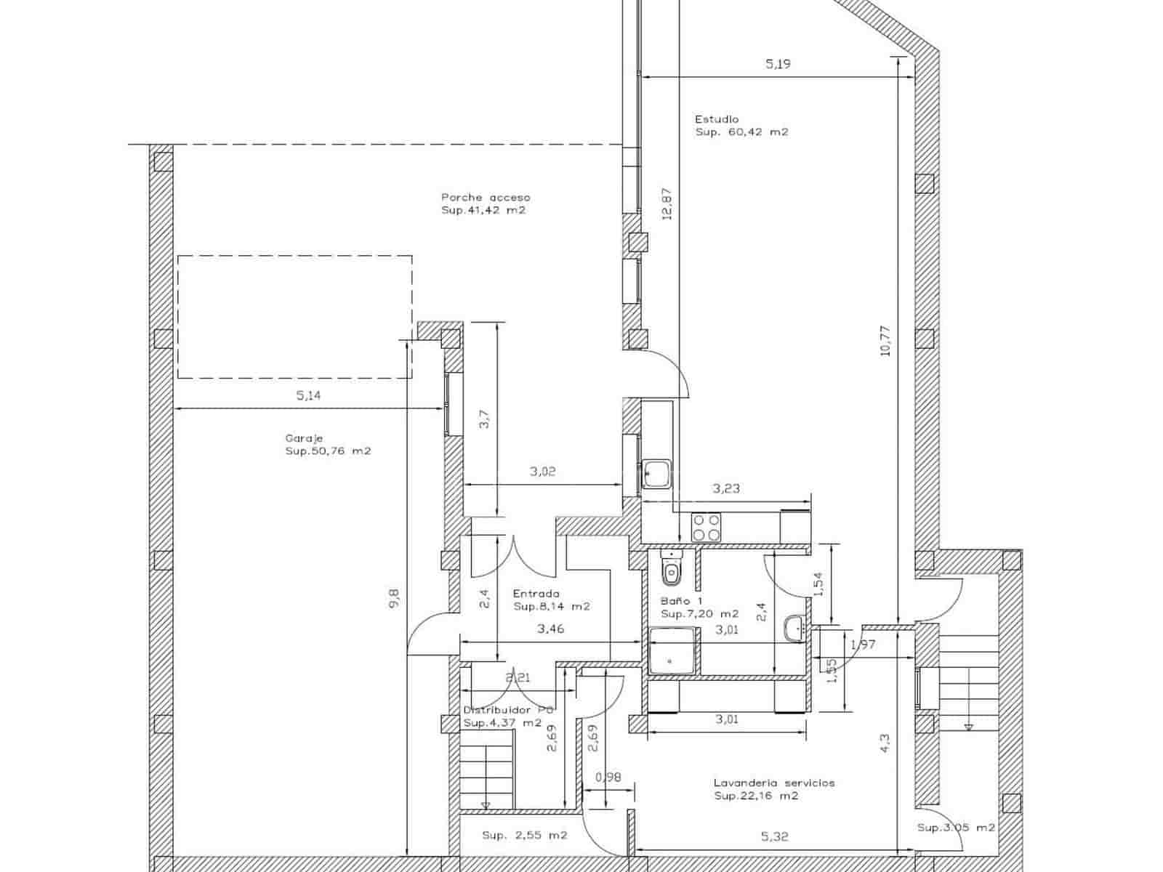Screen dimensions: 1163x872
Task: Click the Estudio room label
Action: (717, 119)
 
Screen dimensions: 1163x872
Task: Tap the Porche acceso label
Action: (486, 198)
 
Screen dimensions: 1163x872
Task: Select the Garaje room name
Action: (304, 438)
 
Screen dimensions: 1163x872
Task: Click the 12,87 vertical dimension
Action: (667, 204)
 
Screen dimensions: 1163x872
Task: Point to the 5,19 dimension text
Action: (778, 64)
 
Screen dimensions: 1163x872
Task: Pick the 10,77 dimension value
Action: (885, 340)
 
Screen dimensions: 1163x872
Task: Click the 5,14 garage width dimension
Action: (308, 395)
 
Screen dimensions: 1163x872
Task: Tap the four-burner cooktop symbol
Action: (706, 527)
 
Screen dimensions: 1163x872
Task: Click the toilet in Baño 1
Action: (672, 568)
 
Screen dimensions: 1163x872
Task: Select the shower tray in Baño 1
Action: (672, 650)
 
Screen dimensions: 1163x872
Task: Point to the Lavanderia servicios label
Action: (774, 783)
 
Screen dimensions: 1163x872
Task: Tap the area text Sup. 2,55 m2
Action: (525, 836)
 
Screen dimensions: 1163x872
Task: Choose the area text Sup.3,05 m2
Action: (957, 828)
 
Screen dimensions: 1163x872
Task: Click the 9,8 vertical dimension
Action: (394, 599)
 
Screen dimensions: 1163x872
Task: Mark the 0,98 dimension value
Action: (608, 778)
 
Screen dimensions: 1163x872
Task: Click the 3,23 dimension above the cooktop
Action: (726, 488)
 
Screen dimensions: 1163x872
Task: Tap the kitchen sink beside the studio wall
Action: (656, 473)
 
